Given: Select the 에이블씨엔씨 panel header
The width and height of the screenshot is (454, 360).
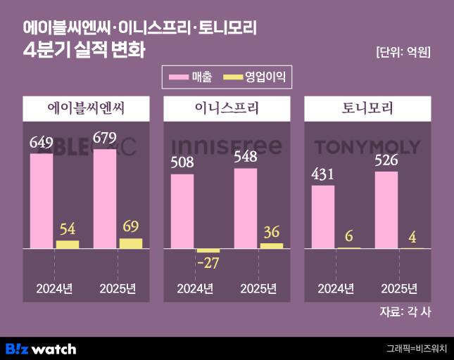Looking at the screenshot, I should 87,109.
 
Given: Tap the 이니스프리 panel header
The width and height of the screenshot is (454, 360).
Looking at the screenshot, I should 227,109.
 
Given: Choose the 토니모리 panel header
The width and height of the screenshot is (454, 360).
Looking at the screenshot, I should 367,109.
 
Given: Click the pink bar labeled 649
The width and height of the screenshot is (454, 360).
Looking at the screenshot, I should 42,200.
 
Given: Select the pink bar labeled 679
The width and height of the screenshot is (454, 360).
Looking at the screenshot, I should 105,198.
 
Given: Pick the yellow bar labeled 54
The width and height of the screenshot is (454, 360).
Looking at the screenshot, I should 68,244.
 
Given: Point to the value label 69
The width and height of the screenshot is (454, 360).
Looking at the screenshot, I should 130,226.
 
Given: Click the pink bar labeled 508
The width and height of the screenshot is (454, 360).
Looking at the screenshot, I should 182,211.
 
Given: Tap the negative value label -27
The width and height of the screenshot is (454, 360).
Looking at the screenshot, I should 208,264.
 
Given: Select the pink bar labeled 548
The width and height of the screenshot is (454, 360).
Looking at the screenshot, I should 246,208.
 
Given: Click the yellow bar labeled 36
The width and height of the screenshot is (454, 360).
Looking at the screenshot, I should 271,245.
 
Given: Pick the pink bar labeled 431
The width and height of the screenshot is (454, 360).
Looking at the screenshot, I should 323,217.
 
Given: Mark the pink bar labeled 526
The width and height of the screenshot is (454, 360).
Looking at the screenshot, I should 386,210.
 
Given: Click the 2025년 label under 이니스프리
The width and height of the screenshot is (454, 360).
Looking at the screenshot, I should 258,289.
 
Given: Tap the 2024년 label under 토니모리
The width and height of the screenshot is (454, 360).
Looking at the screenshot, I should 336,289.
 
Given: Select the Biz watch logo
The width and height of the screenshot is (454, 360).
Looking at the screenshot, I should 41,348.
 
